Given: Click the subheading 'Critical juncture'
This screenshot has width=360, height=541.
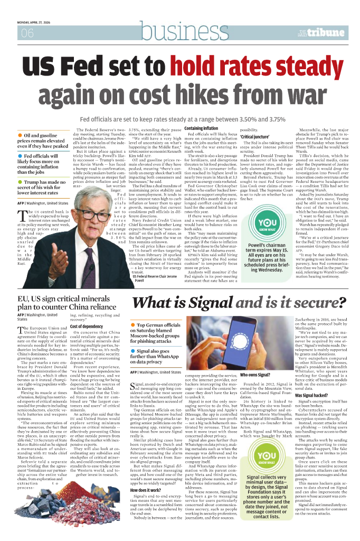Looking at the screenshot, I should [255, 137].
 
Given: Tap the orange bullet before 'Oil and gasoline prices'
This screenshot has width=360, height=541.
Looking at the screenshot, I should [20, 136].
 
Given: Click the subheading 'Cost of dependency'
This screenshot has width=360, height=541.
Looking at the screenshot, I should [86, 327].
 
